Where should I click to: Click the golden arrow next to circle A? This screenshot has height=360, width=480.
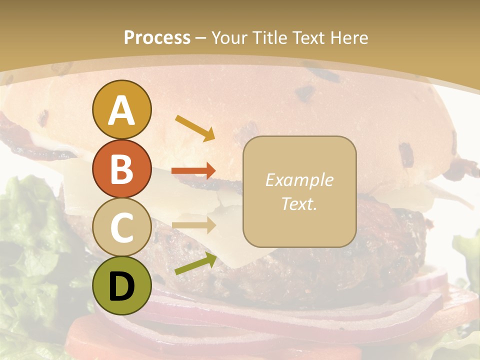[x=195, y=127]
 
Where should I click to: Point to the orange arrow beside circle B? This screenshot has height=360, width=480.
[x=193, y=171]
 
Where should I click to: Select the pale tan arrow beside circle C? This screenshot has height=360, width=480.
[x=193, y=225]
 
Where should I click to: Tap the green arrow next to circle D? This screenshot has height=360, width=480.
[x=195, y=263]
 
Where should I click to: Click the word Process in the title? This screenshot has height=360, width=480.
[x=157, y=38]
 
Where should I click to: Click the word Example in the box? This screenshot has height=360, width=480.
[x=299, y=180]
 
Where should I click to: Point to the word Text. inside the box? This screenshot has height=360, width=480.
[x=299, y=204]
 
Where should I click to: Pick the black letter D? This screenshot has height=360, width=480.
[x=122, y=286]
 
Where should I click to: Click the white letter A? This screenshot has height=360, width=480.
[x=122, y=110]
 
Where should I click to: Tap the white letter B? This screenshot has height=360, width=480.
[x=122, y=169]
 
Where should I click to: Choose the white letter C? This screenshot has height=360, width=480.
[x=122, y=228]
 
